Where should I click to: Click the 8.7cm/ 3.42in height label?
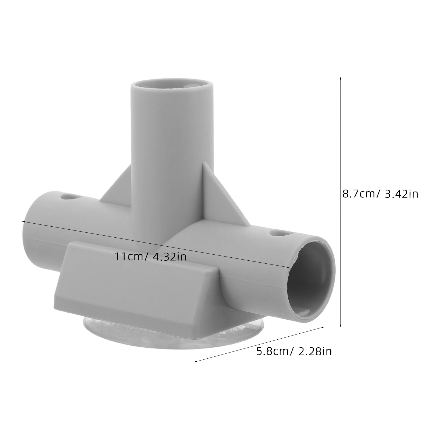pyautogui.click(x=380, y=194)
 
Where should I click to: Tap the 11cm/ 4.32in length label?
pyautogui.click(x=151, y=257)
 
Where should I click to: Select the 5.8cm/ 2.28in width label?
pyautogui.click(x=294, y=351)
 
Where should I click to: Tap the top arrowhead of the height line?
pyautogui.click(x=340, y=78)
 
